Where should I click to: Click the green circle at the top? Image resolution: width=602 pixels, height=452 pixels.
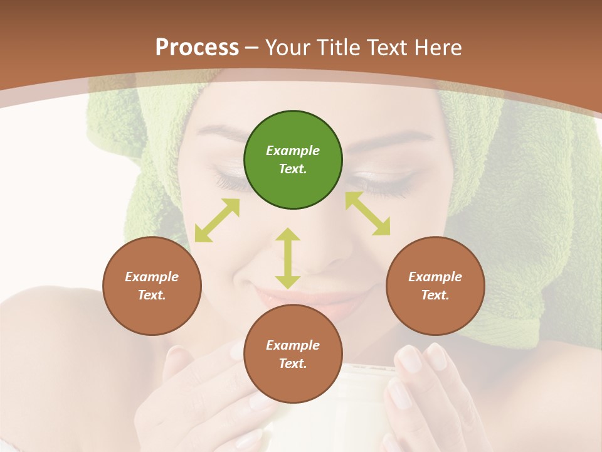[293, 160]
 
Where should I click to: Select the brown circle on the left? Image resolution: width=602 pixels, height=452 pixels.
[152, 286]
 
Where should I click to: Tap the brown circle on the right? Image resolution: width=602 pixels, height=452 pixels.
[435, 286]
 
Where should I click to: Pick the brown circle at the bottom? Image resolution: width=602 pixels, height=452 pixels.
[293, 354]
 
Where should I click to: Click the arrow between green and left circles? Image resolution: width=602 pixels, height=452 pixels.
[217, 220]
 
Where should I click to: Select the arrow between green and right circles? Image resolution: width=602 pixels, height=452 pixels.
[367, 213]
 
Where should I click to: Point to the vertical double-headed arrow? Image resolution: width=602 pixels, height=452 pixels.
[288, 258]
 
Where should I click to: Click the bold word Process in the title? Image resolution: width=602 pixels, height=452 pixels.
[197, 48]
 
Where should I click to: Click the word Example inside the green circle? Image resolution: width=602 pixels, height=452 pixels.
[293, 151]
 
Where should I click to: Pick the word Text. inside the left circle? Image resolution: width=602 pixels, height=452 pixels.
[152, 295]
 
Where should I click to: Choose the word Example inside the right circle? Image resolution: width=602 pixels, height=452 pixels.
[435, 277]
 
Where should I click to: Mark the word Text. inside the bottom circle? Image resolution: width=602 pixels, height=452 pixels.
[293, 363]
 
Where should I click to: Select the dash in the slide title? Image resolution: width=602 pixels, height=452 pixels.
[252, 48]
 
